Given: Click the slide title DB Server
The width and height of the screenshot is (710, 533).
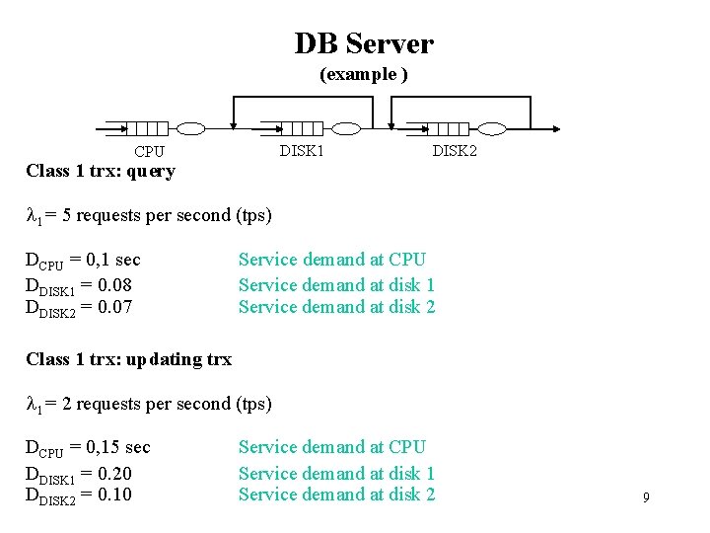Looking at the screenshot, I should (x=363, y=43).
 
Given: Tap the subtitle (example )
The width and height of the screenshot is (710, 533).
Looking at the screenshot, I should (x=363, y=75).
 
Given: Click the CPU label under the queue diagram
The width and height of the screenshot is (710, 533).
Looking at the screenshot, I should (x=149, y=152).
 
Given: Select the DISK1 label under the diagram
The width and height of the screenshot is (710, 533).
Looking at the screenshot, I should (x=302, y=150).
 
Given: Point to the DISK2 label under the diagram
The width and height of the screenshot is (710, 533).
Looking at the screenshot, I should (x=455, y=150).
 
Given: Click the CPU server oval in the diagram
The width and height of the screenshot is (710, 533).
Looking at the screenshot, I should (x=190, y=128).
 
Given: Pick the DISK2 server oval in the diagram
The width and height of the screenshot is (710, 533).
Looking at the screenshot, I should (x=490, y=128).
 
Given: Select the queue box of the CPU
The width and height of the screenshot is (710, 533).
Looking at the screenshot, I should (x=148, y=128).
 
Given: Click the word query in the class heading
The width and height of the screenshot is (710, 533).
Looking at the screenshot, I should (x=150, y=172).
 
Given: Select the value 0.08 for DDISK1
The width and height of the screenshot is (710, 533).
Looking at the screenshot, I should (x=111, y=285).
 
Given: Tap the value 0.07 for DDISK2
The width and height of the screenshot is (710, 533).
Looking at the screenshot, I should (x=111, y=307).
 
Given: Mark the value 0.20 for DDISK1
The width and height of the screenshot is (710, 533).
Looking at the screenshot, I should (x=111, y=474).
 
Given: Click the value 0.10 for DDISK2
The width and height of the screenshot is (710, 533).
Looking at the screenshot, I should (x=111, y=495).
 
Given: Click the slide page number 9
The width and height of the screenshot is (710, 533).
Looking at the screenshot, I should (x=646, y=497).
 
